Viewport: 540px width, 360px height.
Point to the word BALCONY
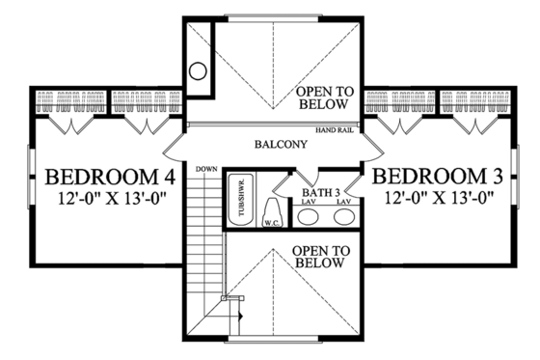click(281, 145)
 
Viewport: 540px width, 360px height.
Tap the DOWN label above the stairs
click(204, 170)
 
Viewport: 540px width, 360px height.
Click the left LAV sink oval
click(309, 216)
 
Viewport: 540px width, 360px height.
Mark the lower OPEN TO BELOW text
click(319, 256)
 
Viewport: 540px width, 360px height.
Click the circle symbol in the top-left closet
click(198, 70)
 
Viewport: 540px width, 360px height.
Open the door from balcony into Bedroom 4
click(174, 147)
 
